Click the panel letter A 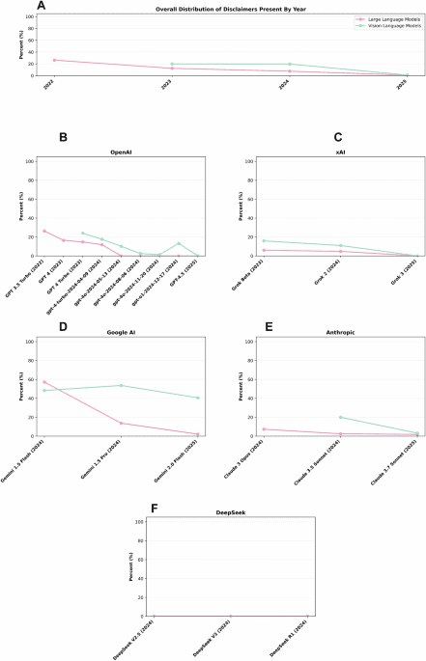(x=41, y=6)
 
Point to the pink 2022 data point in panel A (x=54, y=60)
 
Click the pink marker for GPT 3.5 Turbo (x=44, y=231)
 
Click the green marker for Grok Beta (x=264, y=240)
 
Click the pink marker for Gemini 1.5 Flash (x=44, y=355)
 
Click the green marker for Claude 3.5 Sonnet (x=340, y=417)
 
